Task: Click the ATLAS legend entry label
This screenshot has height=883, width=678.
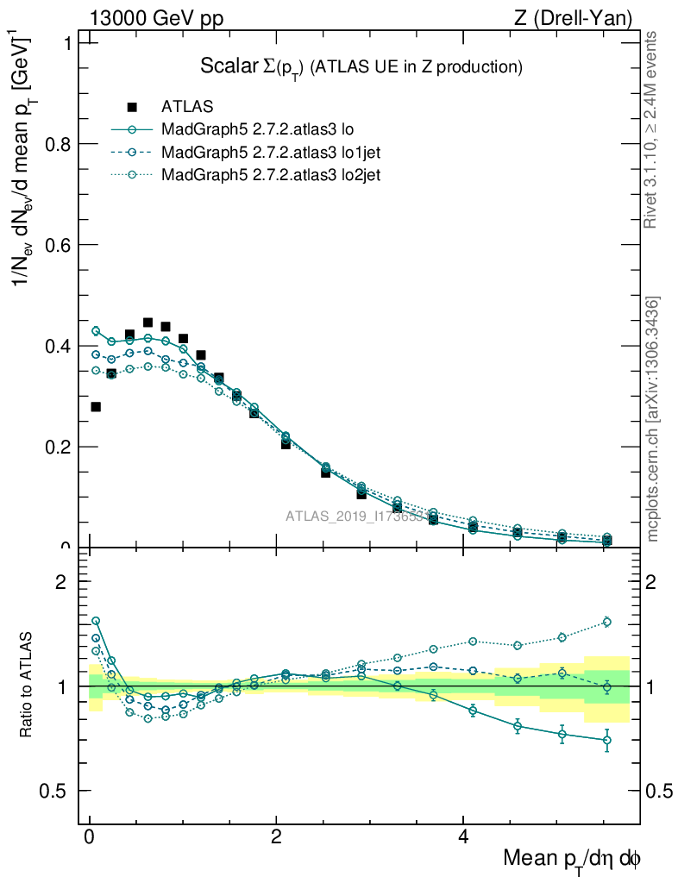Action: [187, 107]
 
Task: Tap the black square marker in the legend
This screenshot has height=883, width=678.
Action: [132, 107]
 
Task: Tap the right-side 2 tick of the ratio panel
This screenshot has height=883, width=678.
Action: [655, 581]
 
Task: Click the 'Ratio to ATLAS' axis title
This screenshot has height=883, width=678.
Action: [27, 686]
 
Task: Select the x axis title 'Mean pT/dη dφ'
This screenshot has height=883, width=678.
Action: [571, 859]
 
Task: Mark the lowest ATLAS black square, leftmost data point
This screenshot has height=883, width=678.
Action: [96, 406]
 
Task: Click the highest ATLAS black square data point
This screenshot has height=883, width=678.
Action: [148, 323]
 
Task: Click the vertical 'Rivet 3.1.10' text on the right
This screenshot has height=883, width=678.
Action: [650, 130]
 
